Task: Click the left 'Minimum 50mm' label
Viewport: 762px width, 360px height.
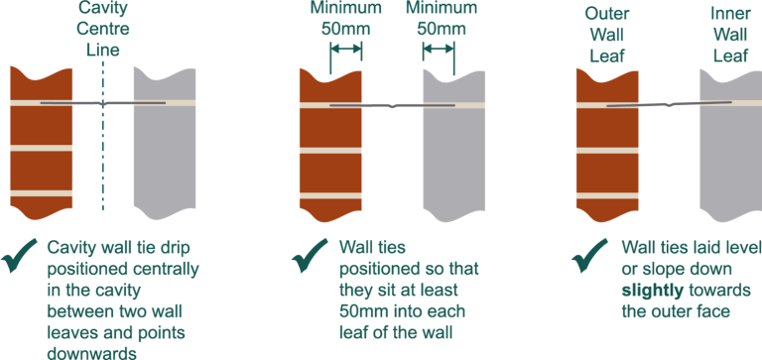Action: pyautogui.click(x=345, y=19)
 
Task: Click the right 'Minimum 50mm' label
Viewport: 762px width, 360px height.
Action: pyautogui.click(x=440, y=19)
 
